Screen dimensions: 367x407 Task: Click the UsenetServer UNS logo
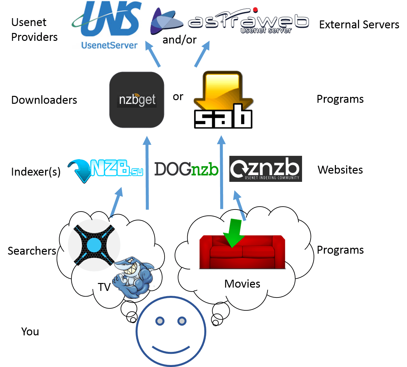pyautogui.click(x=107, y=25)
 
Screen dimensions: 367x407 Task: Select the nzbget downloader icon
pyautogui.click(x=137, y=100)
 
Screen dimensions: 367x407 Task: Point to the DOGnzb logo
pyautogui.click(x=186, y=169)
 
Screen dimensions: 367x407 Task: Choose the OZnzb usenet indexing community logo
pyautogui.click(x=266, y=169)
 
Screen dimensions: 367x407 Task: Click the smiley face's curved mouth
pyautogui.click(x=171, y=349)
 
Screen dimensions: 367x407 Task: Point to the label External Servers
pyautogui.click(x=359, y=25)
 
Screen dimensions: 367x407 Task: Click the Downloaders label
pyautogui.click(x=44, y=100)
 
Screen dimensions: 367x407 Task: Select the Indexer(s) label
pyautogui.click(x=36, y=172)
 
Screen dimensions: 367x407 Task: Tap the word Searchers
pyautogui.click(x=32, y=251)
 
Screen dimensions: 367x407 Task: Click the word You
pyautogui.click(x=30, y=331)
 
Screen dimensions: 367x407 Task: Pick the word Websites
pyautogui.click(x=340, y=170)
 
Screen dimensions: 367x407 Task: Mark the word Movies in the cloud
pyautogui.click(x=242, y=284)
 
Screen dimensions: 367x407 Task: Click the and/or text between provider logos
pyautogui.click(x=179, y=40)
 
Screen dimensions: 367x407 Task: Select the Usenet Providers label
pyautogui.click(x=34, y=30)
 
